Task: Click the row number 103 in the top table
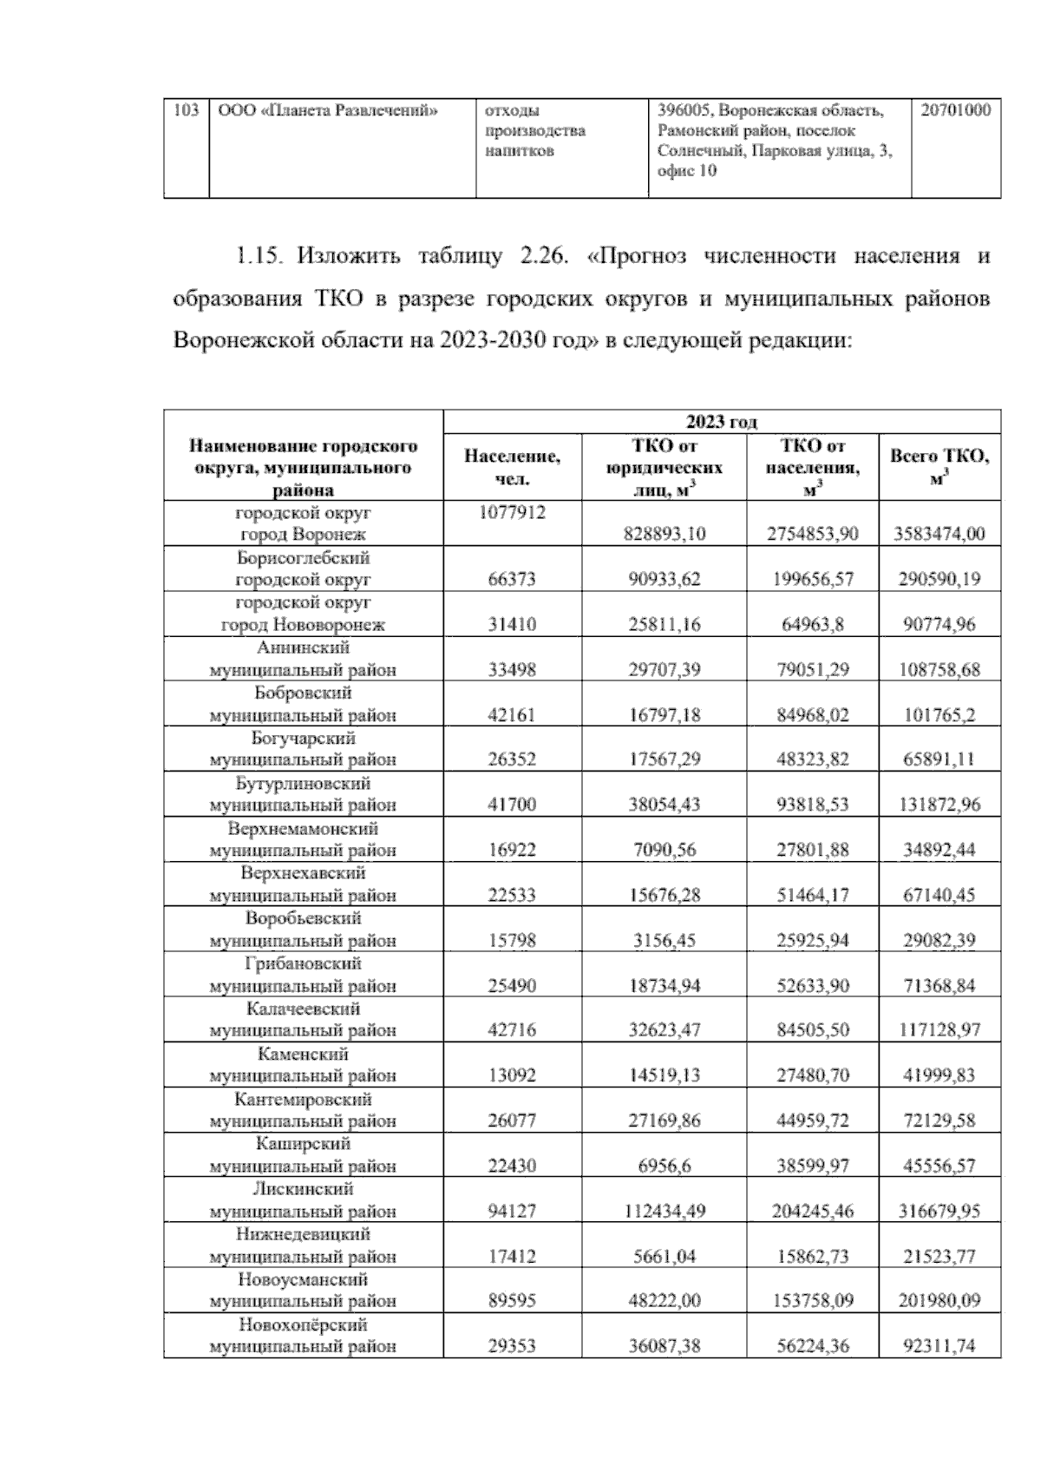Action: [187, 111]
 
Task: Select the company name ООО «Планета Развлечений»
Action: [328, 111]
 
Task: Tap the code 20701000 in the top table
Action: [955, 111]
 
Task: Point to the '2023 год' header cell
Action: [721, 422]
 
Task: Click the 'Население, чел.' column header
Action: [512, 467]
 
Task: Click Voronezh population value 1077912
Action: [512, 513]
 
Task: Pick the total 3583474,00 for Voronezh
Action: [939, 534]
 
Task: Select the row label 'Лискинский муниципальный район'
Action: [303, 1200]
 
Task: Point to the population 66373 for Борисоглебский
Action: [512, 579]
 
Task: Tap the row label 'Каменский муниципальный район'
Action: [303, 1065]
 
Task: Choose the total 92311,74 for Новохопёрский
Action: [939, 1346]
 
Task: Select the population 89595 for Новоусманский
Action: [512, 1301]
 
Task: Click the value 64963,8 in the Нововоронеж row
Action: [812, 624]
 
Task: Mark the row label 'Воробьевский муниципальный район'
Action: [303, 930]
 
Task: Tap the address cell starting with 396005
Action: [778, 141]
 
